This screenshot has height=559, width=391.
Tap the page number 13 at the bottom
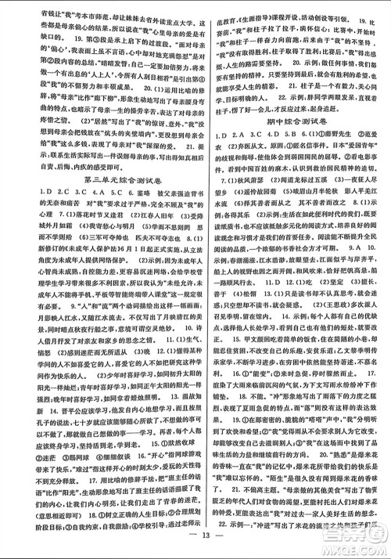coord(195,547)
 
